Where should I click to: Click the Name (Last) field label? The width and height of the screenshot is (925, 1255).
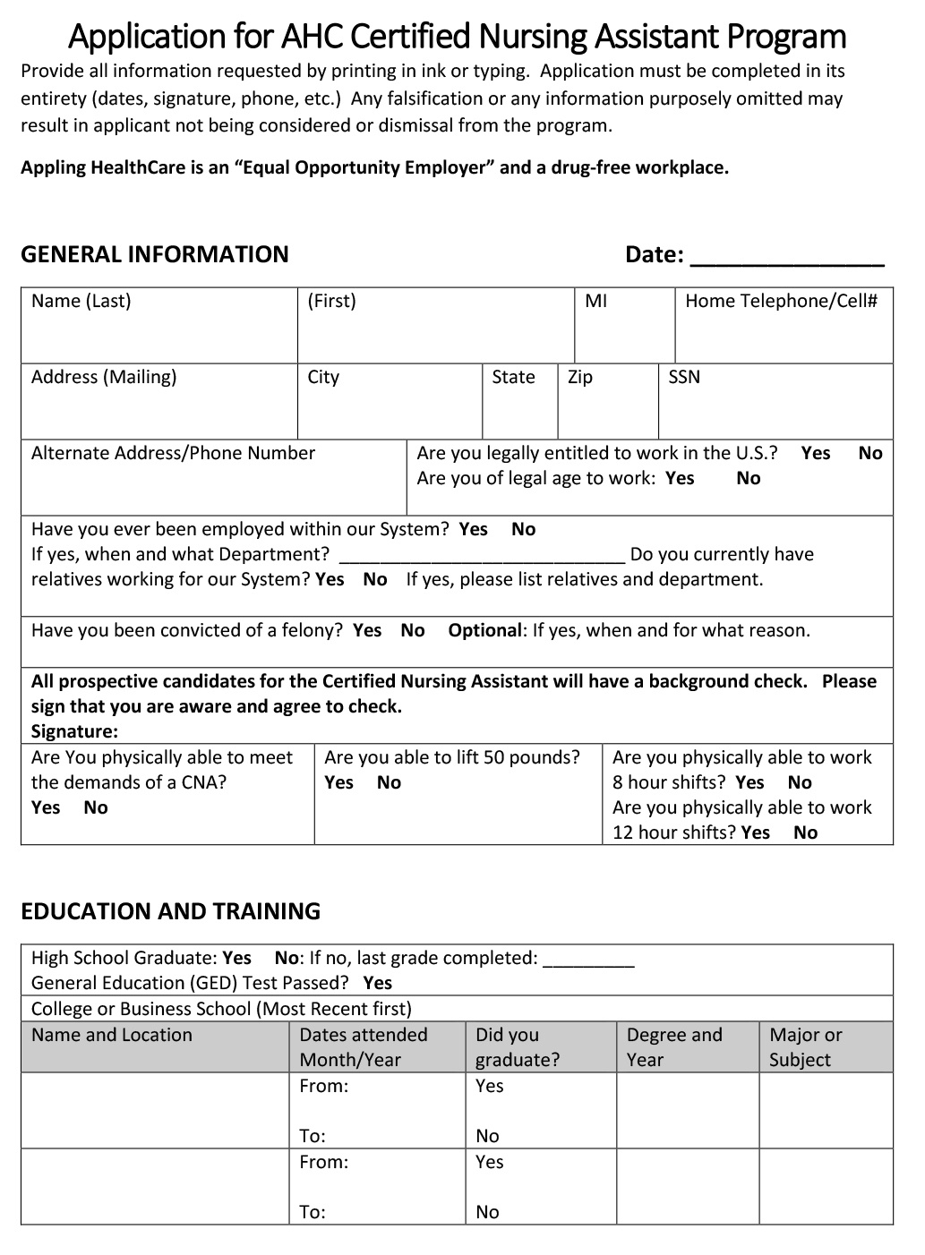click(81, 301)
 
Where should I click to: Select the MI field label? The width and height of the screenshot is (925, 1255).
click(595, 301)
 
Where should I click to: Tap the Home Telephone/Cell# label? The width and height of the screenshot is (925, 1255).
click(781, 301)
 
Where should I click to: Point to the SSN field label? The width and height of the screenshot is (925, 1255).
click(684, 377)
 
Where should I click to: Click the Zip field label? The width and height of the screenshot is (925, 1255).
click(580, 377)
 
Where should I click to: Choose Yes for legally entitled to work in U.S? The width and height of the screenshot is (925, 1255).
click(815, 453)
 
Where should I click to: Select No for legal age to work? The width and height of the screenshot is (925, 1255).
click(748, 478)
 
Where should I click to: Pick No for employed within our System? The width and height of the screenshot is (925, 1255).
click(523, 529)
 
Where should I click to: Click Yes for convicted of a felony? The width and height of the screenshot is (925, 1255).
click(367, 630)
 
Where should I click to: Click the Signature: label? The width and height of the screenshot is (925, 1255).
click(74, 731)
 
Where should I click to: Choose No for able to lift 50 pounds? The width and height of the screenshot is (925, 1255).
click(389, 782)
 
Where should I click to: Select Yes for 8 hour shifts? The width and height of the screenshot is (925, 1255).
click(749, 782)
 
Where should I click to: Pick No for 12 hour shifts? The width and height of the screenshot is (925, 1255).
click(805, 832)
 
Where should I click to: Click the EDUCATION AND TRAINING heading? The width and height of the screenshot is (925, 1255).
click(170, 911)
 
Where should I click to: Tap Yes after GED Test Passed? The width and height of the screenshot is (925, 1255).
click(378, 983)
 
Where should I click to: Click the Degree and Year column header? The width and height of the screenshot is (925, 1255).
click(673, 1046)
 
